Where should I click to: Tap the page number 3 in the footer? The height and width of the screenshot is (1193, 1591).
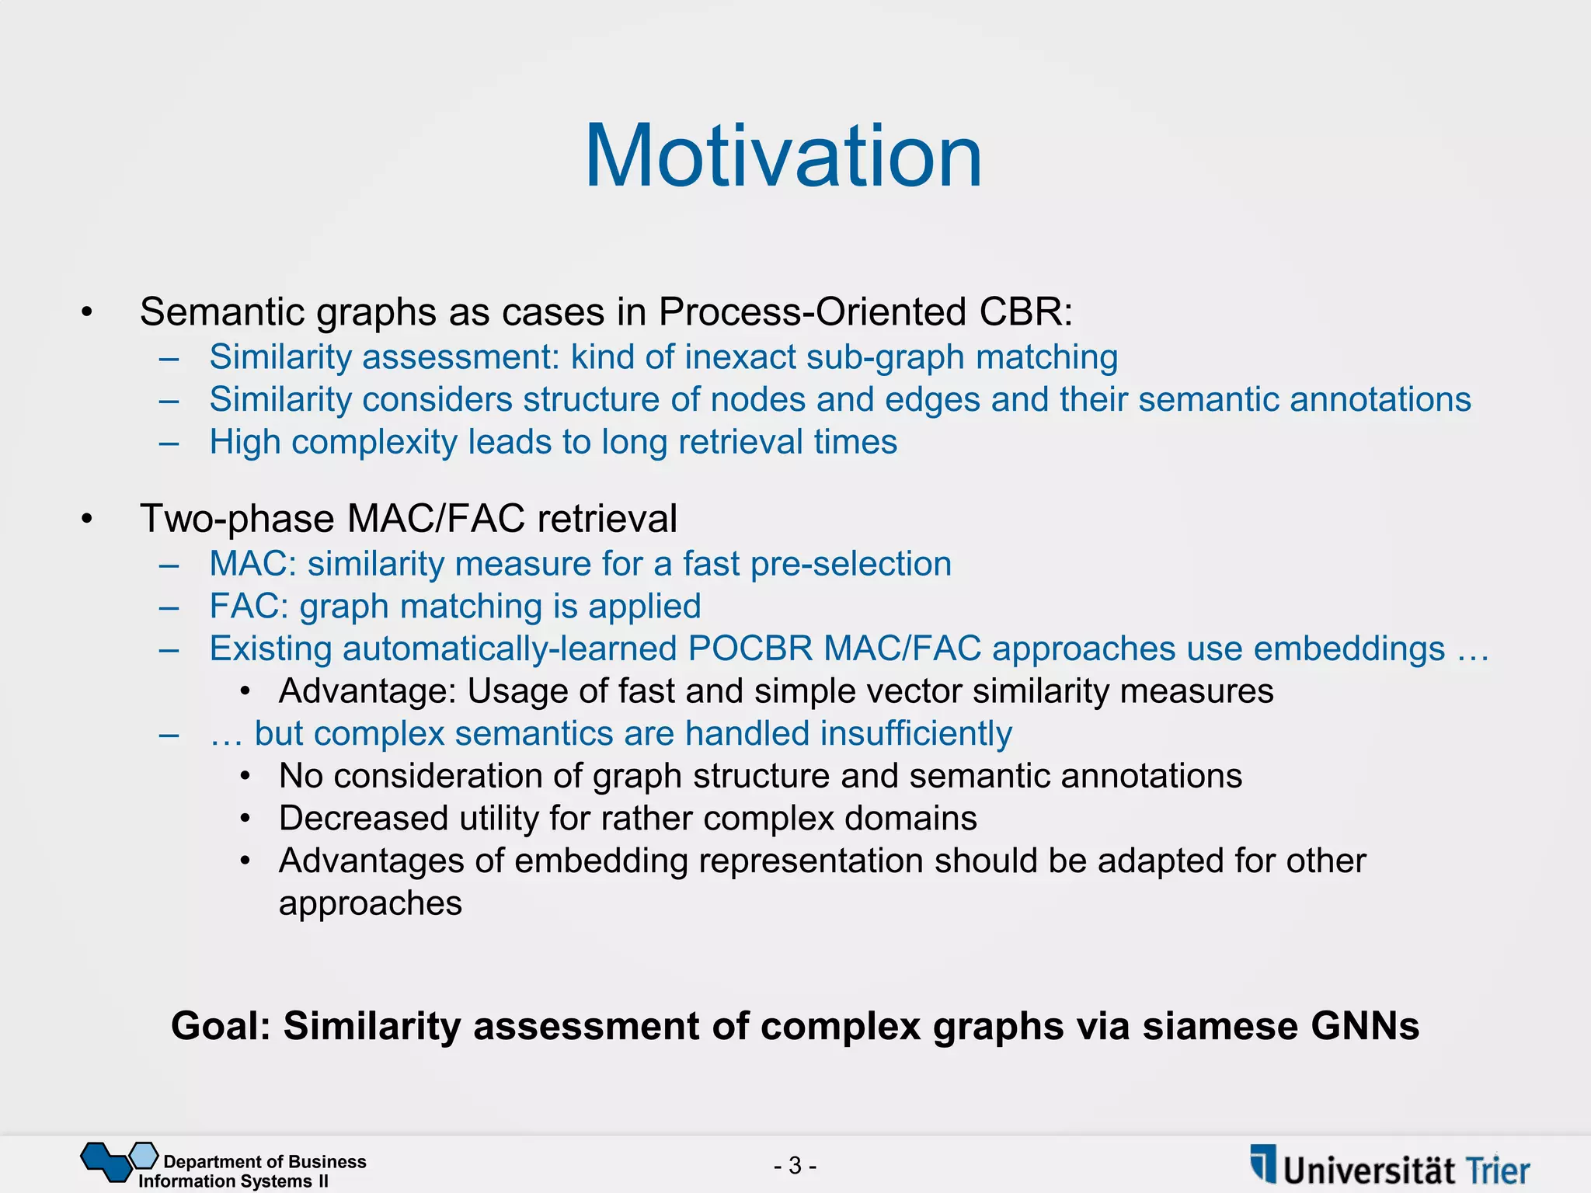[x=795, y=1165]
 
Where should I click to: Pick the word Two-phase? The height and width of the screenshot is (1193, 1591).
[x=237, y=519]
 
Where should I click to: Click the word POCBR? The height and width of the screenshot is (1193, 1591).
[x=750, y=649]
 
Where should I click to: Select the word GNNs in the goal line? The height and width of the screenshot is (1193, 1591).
[x=1365, y=1026]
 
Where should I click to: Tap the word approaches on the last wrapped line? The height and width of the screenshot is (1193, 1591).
[x=371, y=903]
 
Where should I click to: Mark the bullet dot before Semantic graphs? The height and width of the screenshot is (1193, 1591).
[x=87, y=313]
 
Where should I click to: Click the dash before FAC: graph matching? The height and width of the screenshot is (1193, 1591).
[x=169, y=607]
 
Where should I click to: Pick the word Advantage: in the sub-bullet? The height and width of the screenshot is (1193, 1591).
[x=367, y=691]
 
